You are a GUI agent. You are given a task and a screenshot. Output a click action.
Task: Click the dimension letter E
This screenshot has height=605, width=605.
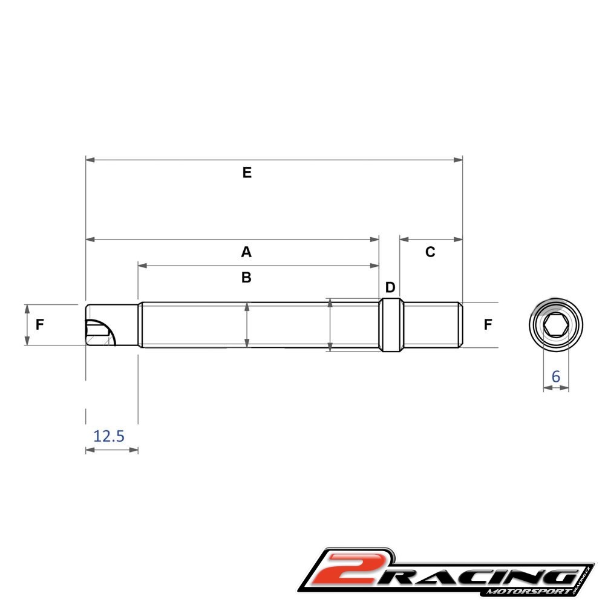pyautogui.click(x=247, y=172)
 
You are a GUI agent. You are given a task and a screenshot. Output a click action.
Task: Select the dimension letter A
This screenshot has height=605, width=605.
pyautogui.click(x=246, y=252)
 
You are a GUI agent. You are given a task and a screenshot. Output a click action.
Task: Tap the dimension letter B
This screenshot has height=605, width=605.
pyautogui.click(x=246, y=278)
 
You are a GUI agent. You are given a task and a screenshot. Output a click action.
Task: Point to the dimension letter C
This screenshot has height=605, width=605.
pyautogui.click(x=430, y=252)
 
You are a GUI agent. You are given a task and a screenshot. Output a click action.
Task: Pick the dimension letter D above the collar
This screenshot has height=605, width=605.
pyautogui.click(x=390, y=287)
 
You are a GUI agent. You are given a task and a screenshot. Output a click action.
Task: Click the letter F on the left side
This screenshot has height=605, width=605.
pyautogui.click(x=39, y=324)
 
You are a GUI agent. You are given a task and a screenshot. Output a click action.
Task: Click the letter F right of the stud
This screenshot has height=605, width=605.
pyautogui.click(x=488, y=324)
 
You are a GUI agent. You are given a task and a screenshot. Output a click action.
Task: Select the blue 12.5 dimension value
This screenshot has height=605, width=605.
pyautogui.click(x=109, y=436)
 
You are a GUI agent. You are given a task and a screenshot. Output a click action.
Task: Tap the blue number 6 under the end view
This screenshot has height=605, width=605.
pyautogui.click(x=555, y=376)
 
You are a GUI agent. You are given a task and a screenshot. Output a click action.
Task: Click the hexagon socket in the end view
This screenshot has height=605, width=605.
pyautogui.click(x=555, y=325)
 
